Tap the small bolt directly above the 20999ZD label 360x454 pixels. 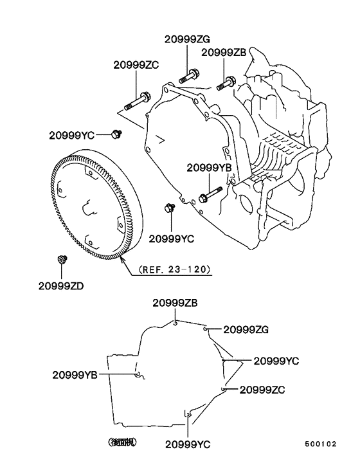pyautogui.click(x=61, y=259)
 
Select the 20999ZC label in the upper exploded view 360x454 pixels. pyautogui.click(x=136, y=65)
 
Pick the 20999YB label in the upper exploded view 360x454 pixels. pyautogui.click(x=209, y=167)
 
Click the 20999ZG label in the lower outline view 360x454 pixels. pyautogui.click(x=246, y=330)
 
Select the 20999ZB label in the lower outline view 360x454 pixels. pyautogui.click(x=175, y=303)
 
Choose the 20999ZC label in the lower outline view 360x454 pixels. pyautogui.click(x=262, y=389)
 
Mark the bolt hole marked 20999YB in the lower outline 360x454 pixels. pyautogui.click(x=138, y=375)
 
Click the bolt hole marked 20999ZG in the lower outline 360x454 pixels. pyautogui.click(x=206, y=329)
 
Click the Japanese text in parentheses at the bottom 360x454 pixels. pyautogui.click(x=122, y=442)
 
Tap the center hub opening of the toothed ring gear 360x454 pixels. pyautogui.click(x=87, y=207)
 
